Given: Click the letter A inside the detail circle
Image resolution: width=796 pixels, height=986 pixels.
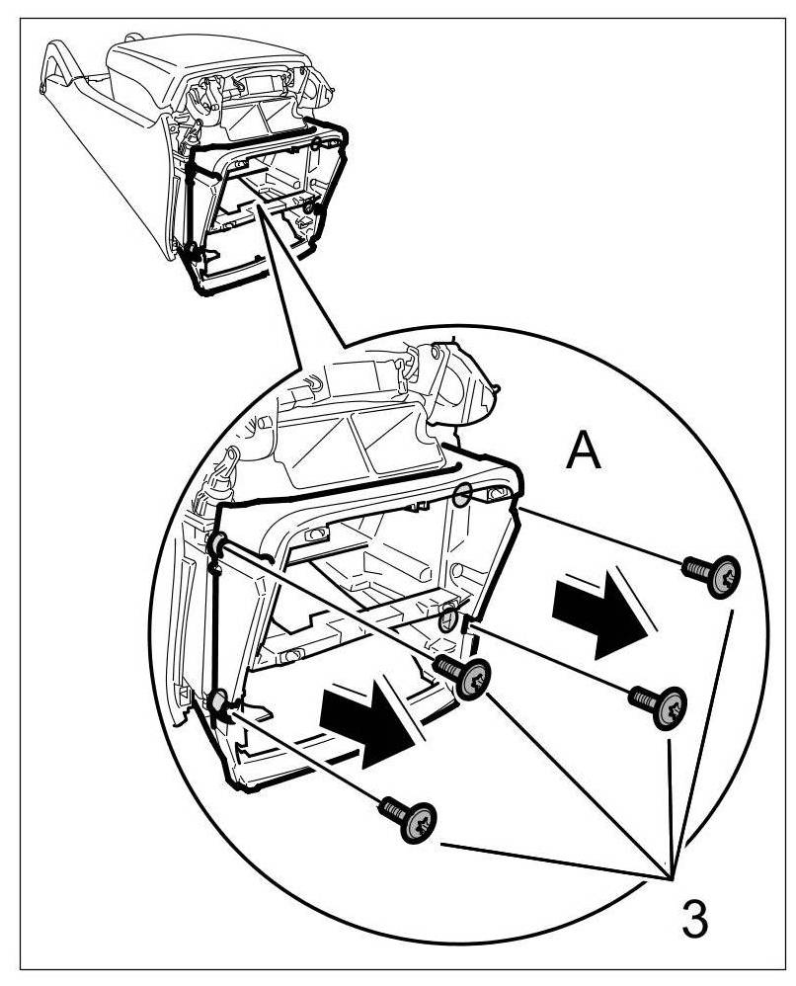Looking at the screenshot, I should click(x=584, y=453).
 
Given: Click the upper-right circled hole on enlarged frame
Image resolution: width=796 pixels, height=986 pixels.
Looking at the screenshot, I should click(x=463, y=493).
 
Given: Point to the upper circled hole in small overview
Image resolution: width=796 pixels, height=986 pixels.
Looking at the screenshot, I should click(x=316, y=145).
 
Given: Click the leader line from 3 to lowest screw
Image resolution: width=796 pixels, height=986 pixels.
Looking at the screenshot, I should click(x=553, y=860).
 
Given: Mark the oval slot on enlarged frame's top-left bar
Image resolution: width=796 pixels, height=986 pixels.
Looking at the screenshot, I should click(x=317, y=534).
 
